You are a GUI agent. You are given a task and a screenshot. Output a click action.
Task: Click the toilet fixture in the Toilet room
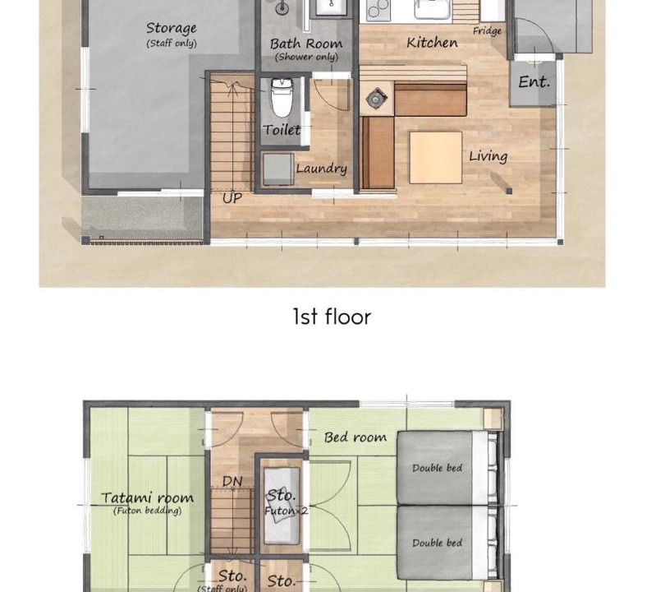(x=281, y=98)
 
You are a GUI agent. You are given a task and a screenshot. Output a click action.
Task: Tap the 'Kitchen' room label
(x=432, y=43)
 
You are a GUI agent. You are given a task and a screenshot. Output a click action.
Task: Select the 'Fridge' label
(x=488, y=31)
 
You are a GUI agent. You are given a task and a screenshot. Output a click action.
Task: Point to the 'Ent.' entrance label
(x=534, y=81)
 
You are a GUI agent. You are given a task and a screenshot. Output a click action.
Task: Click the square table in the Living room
(x=436, y=158)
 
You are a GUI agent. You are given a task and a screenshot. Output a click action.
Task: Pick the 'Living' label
(x=488, y=156)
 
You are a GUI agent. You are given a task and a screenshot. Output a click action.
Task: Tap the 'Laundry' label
(x=322, y=169)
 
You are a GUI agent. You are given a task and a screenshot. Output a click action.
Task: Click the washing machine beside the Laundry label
(x=278, y=169)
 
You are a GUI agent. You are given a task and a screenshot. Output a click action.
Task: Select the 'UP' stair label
(x=232, y=198)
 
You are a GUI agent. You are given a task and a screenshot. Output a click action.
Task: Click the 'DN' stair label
(x=232, y=481)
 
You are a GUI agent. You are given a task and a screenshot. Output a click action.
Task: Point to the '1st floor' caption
(x=332, y=317)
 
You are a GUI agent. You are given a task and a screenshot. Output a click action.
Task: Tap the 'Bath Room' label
(x=306, y=44)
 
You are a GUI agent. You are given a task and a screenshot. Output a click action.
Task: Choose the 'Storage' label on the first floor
(x=172, y=29)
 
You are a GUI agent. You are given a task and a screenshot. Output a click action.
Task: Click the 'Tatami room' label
(x=147, y=497)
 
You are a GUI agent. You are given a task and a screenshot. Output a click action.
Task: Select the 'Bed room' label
(x=355, y=437)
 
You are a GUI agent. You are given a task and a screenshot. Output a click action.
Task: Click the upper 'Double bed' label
(x=438, y=468)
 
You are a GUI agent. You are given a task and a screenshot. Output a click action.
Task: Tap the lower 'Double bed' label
(x=438, y=543)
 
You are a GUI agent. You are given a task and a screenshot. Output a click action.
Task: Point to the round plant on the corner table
(x=376, y=99)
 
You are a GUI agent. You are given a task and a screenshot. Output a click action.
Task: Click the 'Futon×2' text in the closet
(x=287, y=510)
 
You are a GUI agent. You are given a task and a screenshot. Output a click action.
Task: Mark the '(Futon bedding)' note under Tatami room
(x=147, y=511)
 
